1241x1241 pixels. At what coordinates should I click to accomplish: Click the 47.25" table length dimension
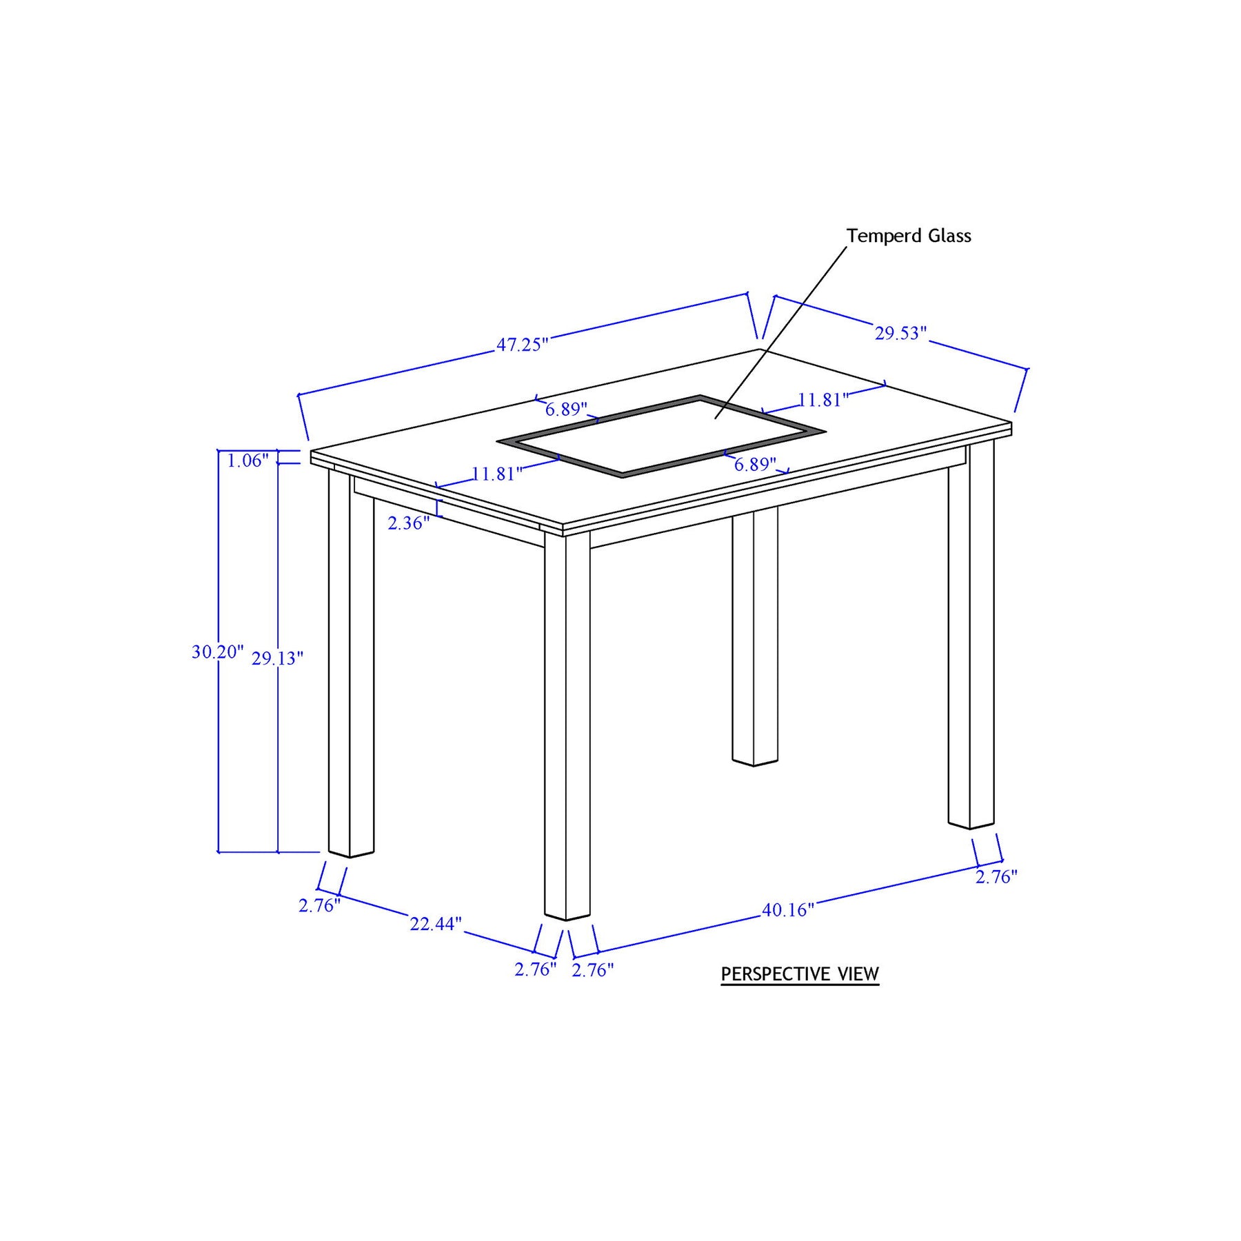pyautogui.click(x=523, y=344)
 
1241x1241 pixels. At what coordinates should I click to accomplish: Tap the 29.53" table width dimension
pyautogui.click(x=901, y=333)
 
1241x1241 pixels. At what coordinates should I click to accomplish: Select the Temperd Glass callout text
pyautogui.click(x=909, y=236)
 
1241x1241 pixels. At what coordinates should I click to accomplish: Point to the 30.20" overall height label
pyautogui.click(x=218, y=652)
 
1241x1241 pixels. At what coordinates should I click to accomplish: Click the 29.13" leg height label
pyautogui.click(x=277, y=658)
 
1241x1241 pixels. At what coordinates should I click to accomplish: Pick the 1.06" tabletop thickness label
pyautogui.click(x=248, y=461)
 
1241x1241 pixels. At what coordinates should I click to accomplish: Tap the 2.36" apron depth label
pyautogui.click(x=409, y=523)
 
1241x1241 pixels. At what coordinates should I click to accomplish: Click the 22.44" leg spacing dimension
pyautogui.click(x=436, y=924)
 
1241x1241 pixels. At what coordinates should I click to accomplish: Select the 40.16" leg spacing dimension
pyautogui.click(x=788, y=910)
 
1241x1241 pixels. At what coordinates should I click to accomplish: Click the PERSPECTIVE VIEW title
pyautogui.click(x=800, y=974)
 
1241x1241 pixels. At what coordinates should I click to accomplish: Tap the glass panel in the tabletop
pyautogui.click(x=661, y=436)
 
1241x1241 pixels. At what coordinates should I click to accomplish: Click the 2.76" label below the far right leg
pyautogui.click(x=996, y=877)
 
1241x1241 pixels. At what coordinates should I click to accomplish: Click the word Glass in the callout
pyautogui.click(x=949, y=236)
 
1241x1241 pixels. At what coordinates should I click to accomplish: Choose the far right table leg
pyautogui.click(x=971, y=635)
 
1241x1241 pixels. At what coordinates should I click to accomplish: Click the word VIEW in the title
pyautogui.click(x=858, y=974)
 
